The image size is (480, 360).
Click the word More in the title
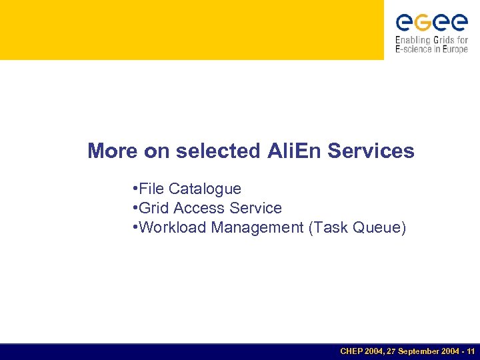tap(113, 151)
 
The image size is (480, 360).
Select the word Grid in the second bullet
tap(153, 209)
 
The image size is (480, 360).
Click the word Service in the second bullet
tap(255, 209)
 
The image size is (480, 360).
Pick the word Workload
tap(173, 228)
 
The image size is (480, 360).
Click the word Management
tap(257, 228)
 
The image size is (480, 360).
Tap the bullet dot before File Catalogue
tap(135, 189)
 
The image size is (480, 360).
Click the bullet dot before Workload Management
tap(135, 227)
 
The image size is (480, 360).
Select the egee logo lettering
tap(431, 23)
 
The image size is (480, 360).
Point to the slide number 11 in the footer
tap(471, 351)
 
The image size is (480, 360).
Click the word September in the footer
tap(417, 351)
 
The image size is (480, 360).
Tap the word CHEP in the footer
tap(351, 351)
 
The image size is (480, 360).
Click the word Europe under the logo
tap(455, 49)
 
